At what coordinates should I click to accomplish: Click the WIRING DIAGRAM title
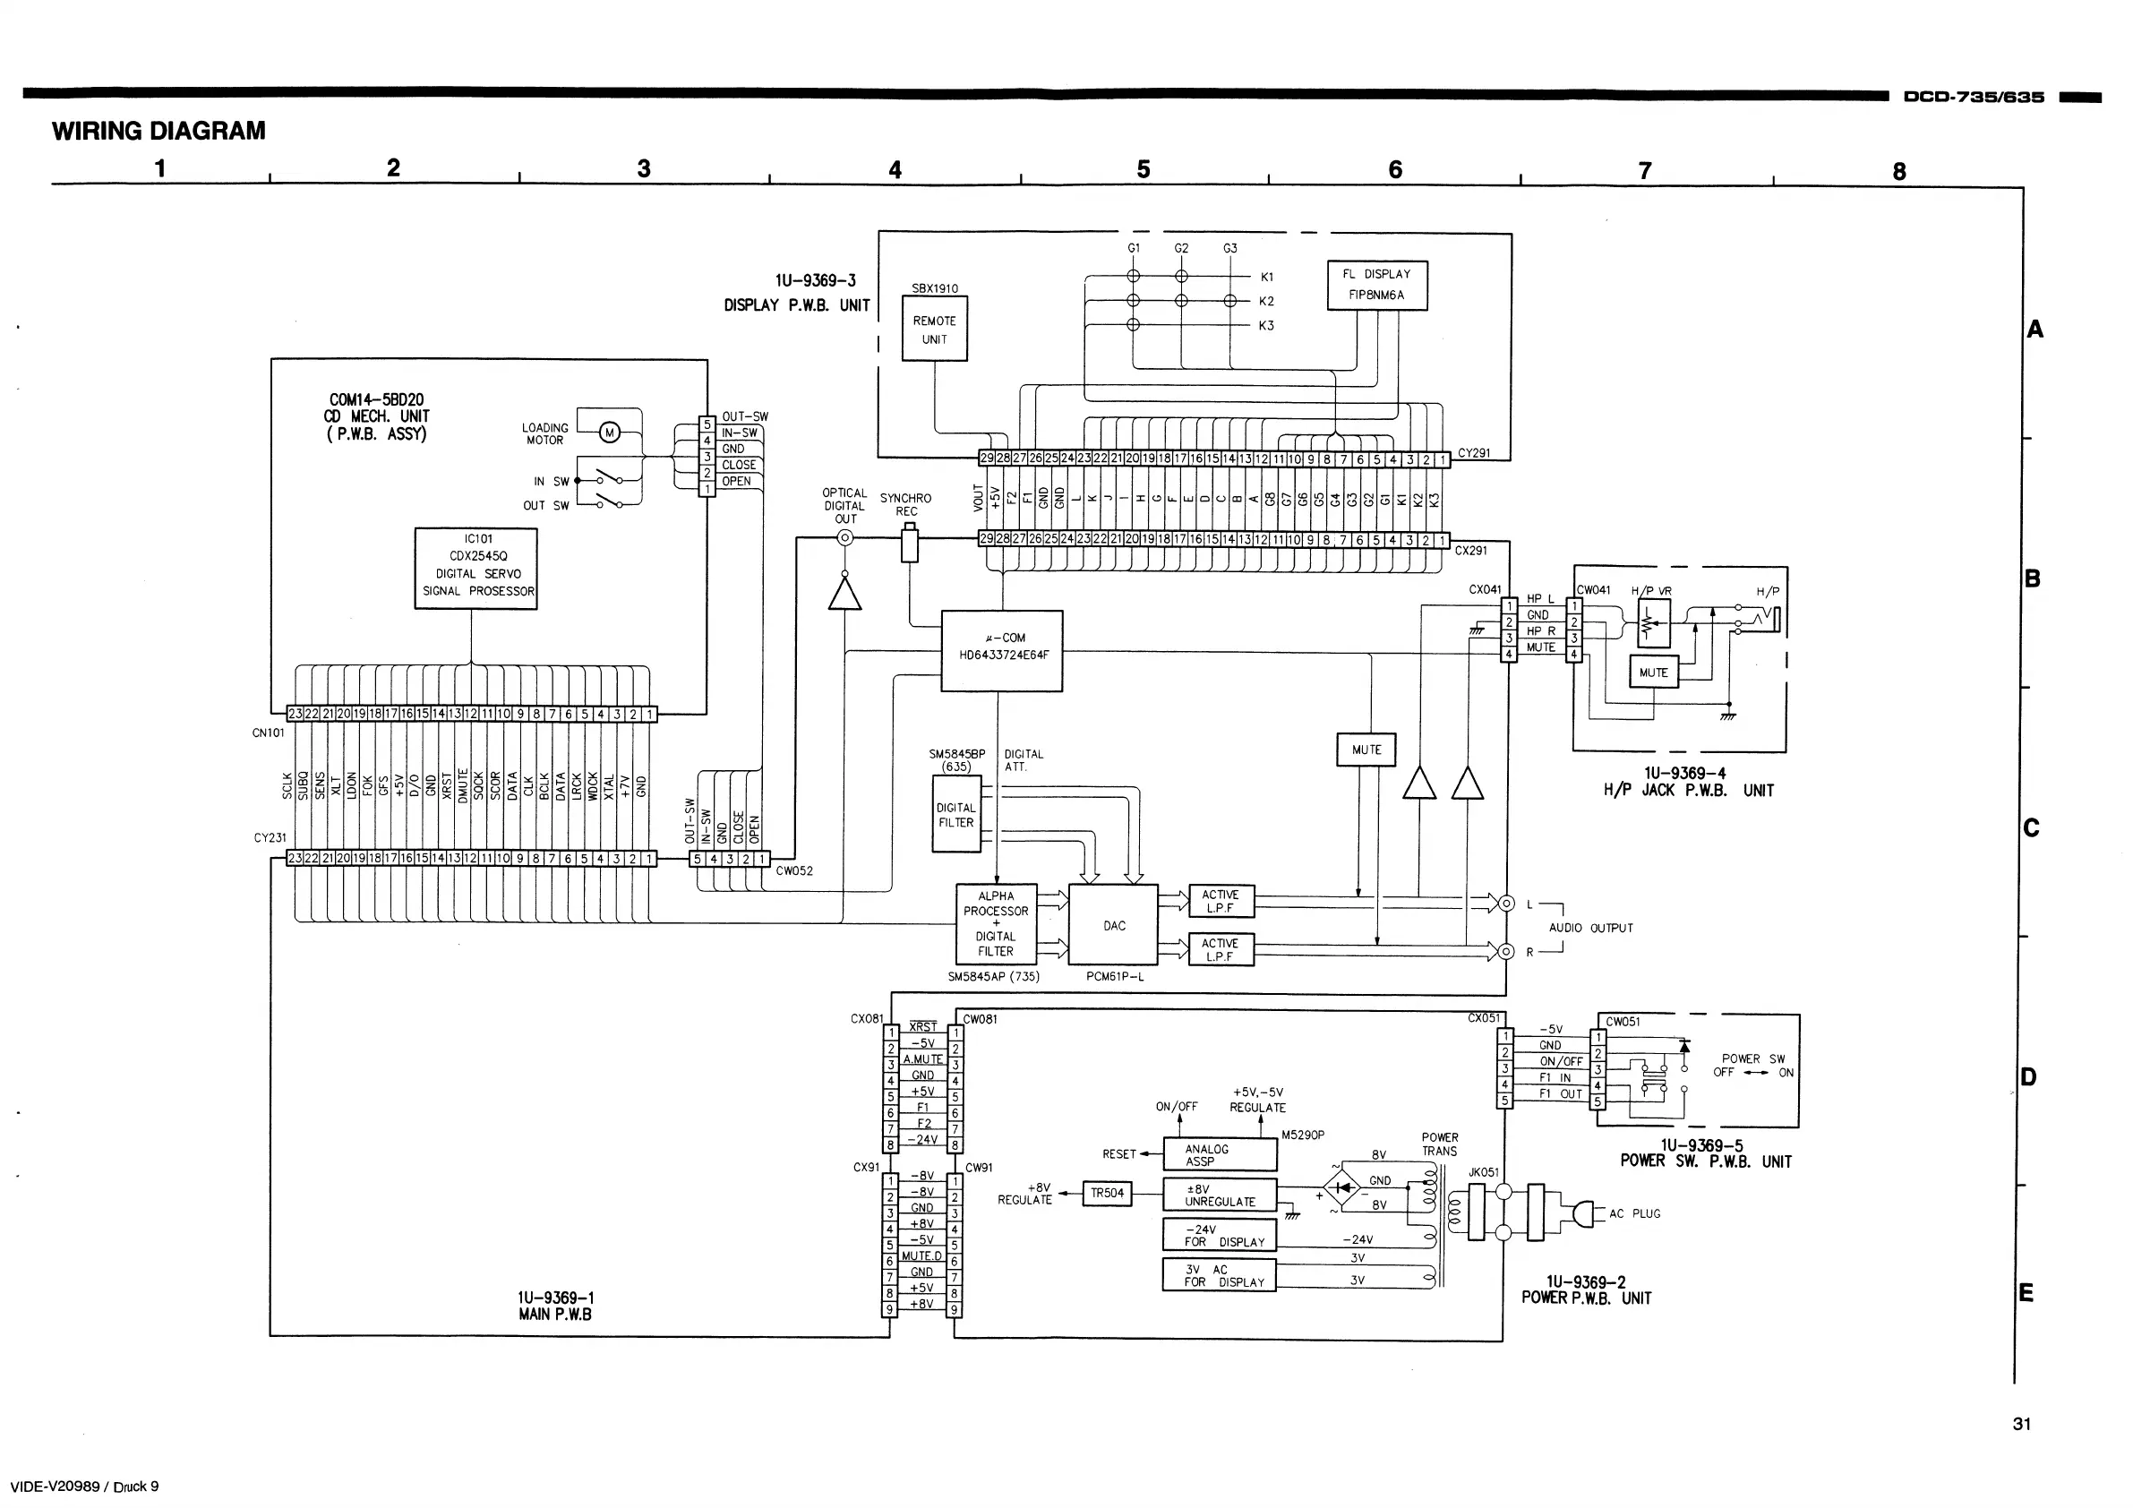tap(158, 131)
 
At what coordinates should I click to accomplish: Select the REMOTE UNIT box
tap(935, 329)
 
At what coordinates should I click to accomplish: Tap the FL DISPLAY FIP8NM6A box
tap(1377, 286)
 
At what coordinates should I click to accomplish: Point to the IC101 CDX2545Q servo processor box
tap(475, 569)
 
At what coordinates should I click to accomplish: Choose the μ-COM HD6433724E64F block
tap(1001, 650)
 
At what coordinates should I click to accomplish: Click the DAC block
tap(1114, 925)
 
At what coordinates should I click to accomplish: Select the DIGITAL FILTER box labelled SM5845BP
tap(956, 815)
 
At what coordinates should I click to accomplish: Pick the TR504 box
tap(1108, 1193)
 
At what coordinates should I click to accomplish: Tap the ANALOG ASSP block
tap(1220, 1155)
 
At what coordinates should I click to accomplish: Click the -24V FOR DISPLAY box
tap(1220, 1236)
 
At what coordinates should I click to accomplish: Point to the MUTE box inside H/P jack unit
tap(1654, 673)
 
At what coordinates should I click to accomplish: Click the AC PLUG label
tap(1634, 1213)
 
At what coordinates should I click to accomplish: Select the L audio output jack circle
tap(1506, 904)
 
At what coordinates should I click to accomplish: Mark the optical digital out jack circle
tap(844, 538)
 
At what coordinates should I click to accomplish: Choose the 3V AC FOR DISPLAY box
tap(1220, 1276)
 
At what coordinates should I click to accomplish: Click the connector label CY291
tap(1473, 453)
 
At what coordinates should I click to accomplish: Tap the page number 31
tap(2022, 1424)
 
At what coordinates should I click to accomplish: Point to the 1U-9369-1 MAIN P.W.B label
tap(555, 1306)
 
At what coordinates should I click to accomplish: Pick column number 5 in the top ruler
tap(1144, 169)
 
